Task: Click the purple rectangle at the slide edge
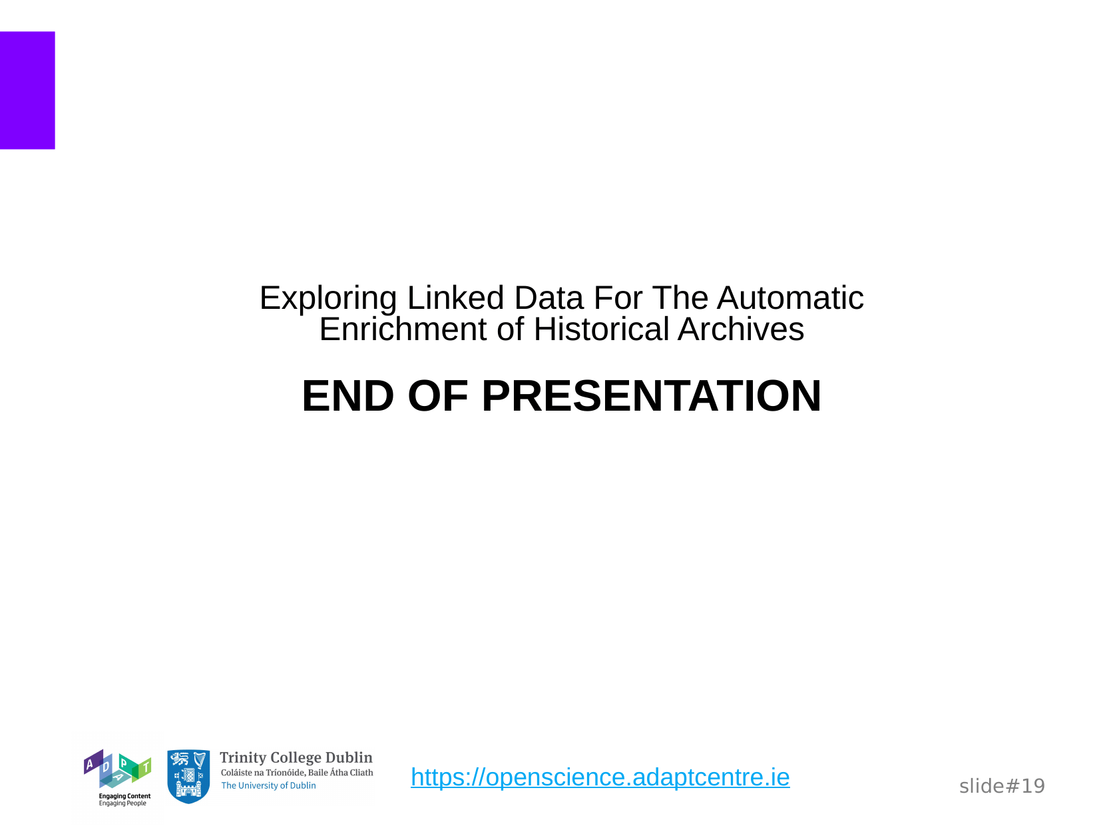[27, 91]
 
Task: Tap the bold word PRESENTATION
[651, 396]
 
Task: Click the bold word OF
[438, 396]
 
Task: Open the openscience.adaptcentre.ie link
[600, 777]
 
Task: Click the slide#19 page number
[1002, 786]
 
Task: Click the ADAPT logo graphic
[117, 768]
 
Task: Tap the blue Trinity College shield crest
[188, 776]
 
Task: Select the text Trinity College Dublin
[296, 757]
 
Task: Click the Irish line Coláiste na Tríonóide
[297, 772]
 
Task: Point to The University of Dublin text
[268, 786]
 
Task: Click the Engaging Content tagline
[124, 796]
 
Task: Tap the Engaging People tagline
[122, 803]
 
